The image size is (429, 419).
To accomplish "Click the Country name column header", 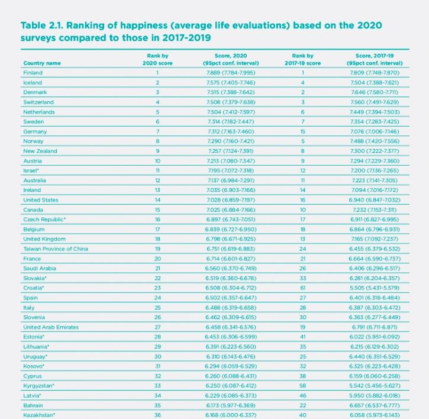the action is coord(42,63).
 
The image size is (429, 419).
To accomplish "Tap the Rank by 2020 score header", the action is coord(157,59).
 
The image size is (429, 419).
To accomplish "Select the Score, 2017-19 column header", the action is coord(375,59).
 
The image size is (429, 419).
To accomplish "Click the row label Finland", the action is coord(33,73).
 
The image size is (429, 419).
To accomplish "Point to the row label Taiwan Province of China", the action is coord(56,249).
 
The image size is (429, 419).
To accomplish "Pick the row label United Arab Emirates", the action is coord(51,327).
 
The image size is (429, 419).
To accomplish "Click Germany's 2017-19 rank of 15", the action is coord(302,131).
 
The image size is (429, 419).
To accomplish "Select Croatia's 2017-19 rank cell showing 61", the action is coord(302,288).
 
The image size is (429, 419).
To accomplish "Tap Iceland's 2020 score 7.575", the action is coord(212,83).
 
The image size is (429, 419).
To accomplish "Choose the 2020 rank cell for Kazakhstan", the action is coord(157,415).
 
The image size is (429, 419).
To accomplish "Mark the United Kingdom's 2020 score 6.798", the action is coord(212,239).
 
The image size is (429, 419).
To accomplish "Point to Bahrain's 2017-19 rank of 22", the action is coord(302,405).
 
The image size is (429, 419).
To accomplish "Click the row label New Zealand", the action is coord(40,151).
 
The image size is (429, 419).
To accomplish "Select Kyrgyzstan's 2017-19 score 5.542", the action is coord(356,386).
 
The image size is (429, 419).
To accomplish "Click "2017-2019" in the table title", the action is coord(186,38).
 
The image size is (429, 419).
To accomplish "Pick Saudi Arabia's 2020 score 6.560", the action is coord(211,269).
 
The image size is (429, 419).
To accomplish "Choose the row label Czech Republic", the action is coord(44,220).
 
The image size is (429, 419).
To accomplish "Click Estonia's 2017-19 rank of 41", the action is coord(302,337).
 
